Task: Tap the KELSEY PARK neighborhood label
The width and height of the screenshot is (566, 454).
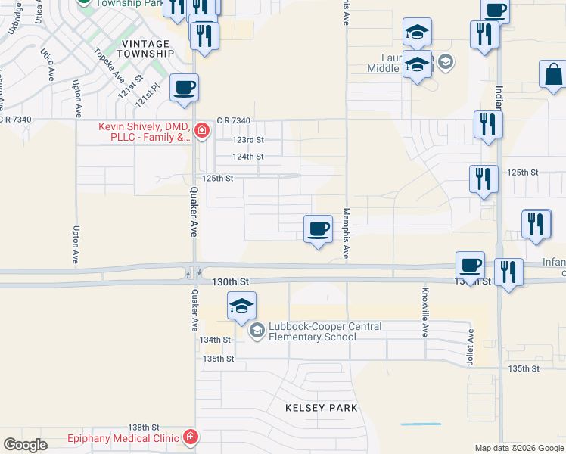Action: click(321, 408)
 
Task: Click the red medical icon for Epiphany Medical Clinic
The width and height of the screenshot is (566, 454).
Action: click(191, 437)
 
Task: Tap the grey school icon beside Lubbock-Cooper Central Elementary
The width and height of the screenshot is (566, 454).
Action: click(257, 330)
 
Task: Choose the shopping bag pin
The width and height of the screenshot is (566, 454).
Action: click(553, 76)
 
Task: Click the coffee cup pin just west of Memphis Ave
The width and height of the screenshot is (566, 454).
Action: click(318, 228)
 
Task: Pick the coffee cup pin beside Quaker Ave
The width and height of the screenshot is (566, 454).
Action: click(185, 89)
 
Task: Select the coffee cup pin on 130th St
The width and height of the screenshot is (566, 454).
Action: click(470, 266)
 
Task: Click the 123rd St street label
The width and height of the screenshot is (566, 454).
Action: click(247, 140)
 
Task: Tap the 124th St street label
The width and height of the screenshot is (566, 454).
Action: click(247, 157)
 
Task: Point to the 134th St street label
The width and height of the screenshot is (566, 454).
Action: click(214, 340)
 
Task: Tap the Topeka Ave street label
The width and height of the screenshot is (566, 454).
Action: click(109, 65)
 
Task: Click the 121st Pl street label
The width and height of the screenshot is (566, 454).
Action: click(147, 95)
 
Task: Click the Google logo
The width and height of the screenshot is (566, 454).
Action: click(25, 445)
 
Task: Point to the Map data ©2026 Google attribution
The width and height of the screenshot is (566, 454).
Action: click(519, 448)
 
